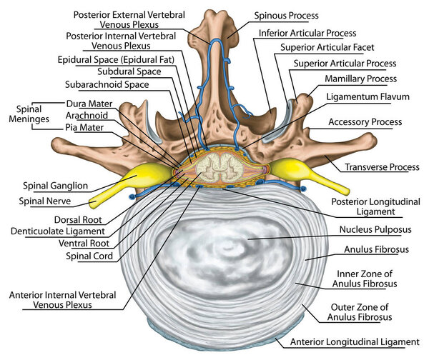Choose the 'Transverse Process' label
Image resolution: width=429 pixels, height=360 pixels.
coord(381,167)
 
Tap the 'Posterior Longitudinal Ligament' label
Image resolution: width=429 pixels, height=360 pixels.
coord(373,207)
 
